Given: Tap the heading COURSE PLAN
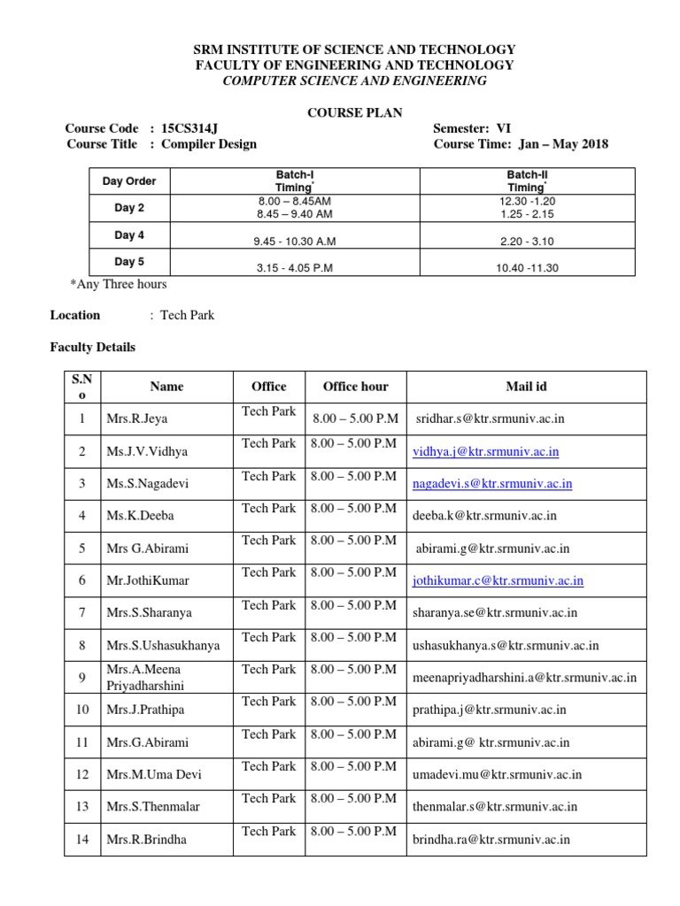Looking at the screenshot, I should (x=354, y=112).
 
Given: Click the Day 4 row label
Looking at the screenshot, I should (x=129, y=235).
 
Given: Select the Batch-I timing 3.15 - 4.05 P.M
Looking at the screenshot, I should (x=294, y=268).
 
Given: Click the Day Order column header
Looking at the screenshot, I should (x=129, y=181).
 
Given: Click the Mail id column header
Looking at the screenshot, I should (x=526, y=387).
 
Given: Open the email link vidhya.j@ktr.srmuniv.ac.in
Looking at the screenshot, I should (x=486, y=451).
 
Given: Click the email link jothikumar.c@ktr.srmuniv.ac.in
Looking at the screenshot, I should (x=498, y=580).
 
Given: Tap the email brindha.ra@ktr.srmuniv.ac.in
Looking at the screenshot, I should (x=491, y=840).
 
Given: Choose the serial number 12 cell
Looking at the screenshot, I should (x=82, y=774).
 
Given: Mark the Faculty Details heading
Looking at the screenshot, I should (x=92, y=348).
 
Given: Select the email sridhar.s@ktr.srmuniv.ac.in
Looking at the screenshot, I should (x=490, y=418).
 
